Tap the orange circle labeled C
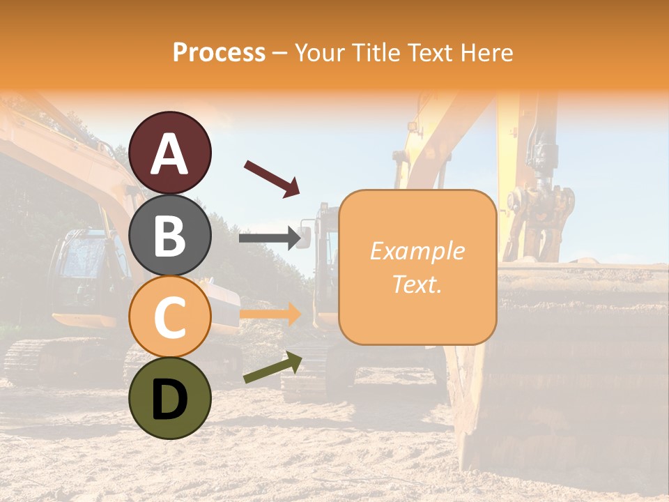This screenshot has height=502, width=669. pyautogui.click(x=170, y=317)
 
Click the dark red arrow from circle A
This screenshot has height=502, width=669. pyautogui.click(x=272, y=178)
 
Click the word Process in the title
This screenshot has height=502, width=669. pyautogui.click(x=219, y=52)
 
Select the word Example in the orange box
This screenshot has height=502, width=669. pyautogui.click(x=417, y=251)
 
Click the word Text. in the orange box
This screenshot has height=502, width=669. pyautogui.click(x=417, y=284)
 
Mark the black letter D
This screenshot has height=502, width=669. pyautogui.click(x=170, y=400)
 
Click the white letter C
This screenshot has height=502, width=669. pyautogui.click(x=170, y=317)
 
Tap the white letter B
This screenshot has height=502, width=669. pyautogui.click(x=170, y=236)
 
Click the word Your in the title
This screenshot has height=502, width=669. pyautogui.click(x=319, y=52)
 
